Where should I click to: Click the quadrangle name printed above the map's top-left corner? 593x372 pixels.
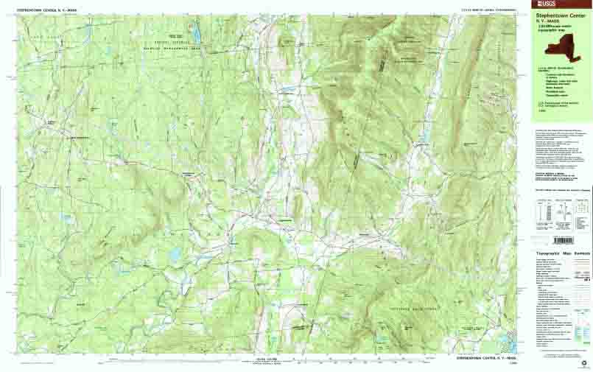click(x=46, y=10)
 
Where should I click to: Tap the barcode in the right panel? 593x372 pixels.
click(x=562, y=241)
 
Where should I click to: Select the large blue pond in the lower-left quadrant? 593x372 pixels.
click(x=175, y=253)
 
